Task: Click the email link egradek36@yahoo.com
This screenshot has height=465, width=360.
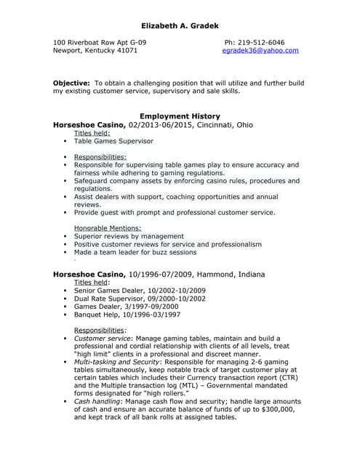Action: tap(260, 51)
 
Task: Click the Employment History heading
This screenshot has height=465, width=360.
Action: tap(180, 116)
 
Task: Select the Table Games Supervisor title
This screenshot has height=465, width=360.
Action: tap(113, 141)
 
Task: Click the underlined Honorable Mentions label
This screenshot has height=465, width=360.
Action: tap(108, 228)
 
